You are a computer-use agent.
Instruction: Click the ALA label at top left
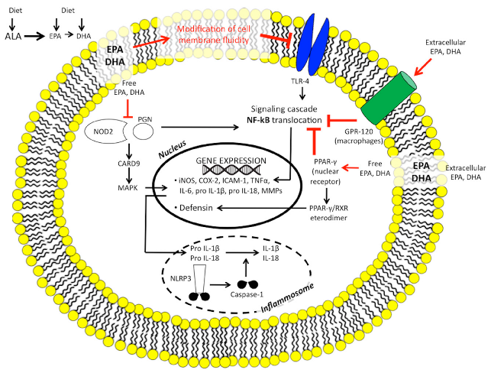tap(13, 35)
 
